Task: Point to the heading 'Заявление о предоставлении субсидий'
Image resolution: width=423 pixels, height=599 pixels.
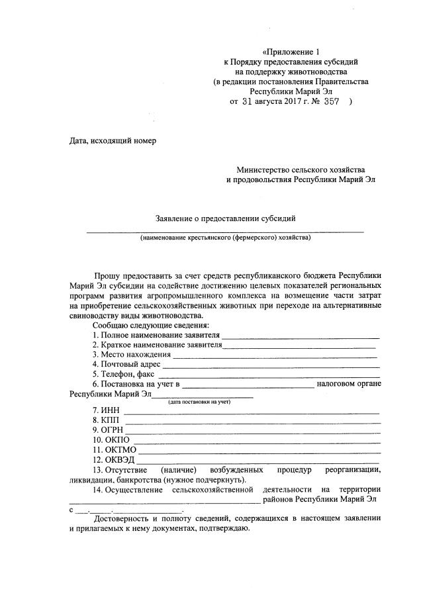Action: click(225, 218)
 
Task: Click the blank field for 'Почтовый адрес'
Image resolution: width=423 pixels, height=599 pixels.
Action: click(271, 364)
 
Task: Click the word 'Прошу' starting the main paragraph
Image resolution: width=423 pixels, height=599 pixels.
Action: click(107, 274)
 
